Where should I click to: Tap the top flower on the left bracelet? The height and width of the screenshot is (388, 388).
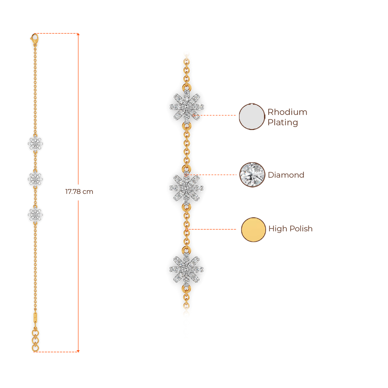tap(35, 144)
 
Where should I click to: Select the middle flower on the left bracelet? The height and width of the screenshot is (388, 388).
tap(35, 178)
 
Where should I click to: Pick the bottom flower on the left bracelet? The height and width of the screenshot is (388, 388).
tap(35, 214)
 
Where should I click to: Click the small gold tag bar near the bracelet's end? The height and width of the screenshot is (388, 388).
tap(35, 316)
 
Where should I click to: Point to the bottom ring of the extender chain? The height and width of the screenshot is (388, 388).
tap(35, 347)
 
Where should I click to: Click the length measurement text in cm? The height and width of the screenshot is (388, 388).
tap(79, 192)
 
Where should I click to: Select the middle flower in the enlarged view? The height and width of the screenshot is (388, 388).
tap(186, 188)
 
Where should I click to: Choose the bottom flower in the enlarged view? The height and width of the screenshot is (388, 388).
tap(186, 269)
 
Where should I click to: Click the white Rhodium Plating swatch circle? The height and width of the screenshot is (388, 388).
tap(252, 116)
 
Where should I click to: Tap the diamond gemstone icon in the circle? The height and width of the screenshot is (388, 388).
tap(252, 175)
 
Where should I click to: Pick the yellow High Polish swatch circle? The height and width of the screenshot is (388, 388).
tap(253, 230)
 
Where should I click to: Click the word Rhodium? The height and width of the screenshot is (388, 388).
tap(287, 112)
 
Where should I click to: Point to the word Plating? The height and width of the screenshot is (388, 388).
tap(283, 122)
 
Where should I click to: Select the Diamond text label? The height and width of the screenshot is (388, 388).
tap(286, 175)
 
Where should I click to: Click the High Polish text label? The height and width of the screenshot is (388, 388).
tap(290, 229)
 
